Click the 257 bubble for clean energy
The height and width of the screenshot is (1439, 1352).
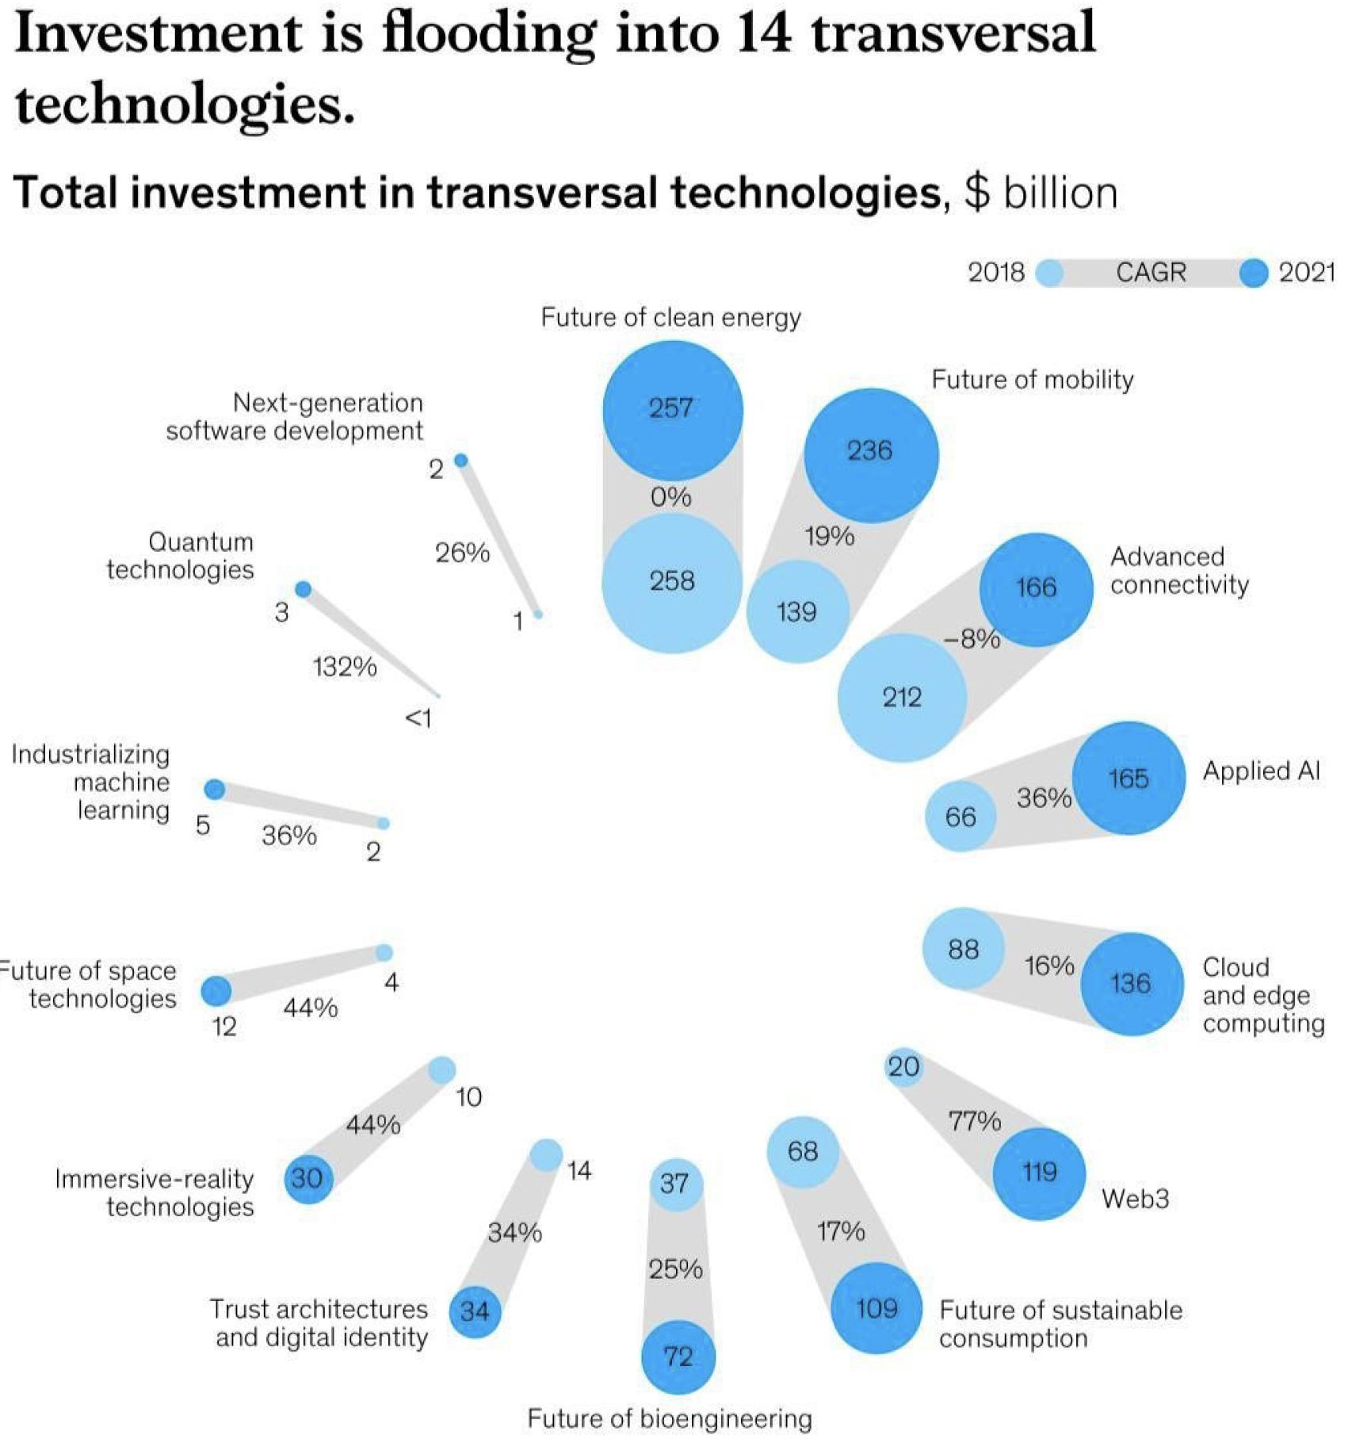[x=672, y=409]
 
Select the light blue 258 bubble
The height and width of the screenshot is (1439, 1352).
[x=672, y=583]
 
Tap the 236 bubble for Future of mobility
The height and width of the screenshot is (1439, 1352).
[x=870, y=454]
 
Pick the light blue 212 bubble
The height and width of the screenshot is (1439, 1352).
[x=902, y=698]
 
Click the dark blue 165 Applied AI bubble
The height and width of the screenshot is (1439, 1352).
[x=1129, y=779]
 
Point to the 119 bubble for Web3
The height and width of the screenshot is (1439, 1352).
[x=1038, y=1173]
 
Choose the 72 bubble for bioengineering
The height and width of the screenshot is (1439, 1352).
[x=678, y=1357]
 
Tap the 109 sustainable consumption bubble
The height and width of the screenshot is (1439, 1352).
[x=877, y=1308]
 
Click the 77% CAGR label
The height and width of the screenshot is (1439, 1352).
[x=975, y=1121]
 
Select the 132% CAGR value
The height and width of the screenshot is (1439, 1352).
[x=345, y=667]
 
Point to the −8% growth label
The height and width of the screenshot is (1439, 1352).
[x=972, y=638]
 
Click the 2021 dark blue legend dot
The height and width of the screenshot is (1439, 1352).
[x=1253, y=274]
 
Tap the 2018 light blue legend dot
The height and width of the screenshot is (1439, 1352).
[x=1050, y=274]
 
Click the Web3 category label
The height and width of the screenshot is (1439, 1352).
[x=1135, y=1199]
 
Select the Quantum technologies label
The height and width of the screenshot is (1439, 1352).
[x=181, y=556]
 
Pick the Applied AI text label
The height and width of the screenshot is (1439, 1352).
[x=1261, y=771]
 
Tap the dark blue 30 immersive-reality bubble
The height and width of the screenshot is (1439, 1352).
[x=307, y=1178]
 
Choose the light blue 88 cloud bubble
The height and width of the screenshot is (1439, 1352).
[x=963, y=949]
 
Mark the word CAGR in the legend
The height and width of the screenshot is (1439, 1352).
[x=1151, y=273]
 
